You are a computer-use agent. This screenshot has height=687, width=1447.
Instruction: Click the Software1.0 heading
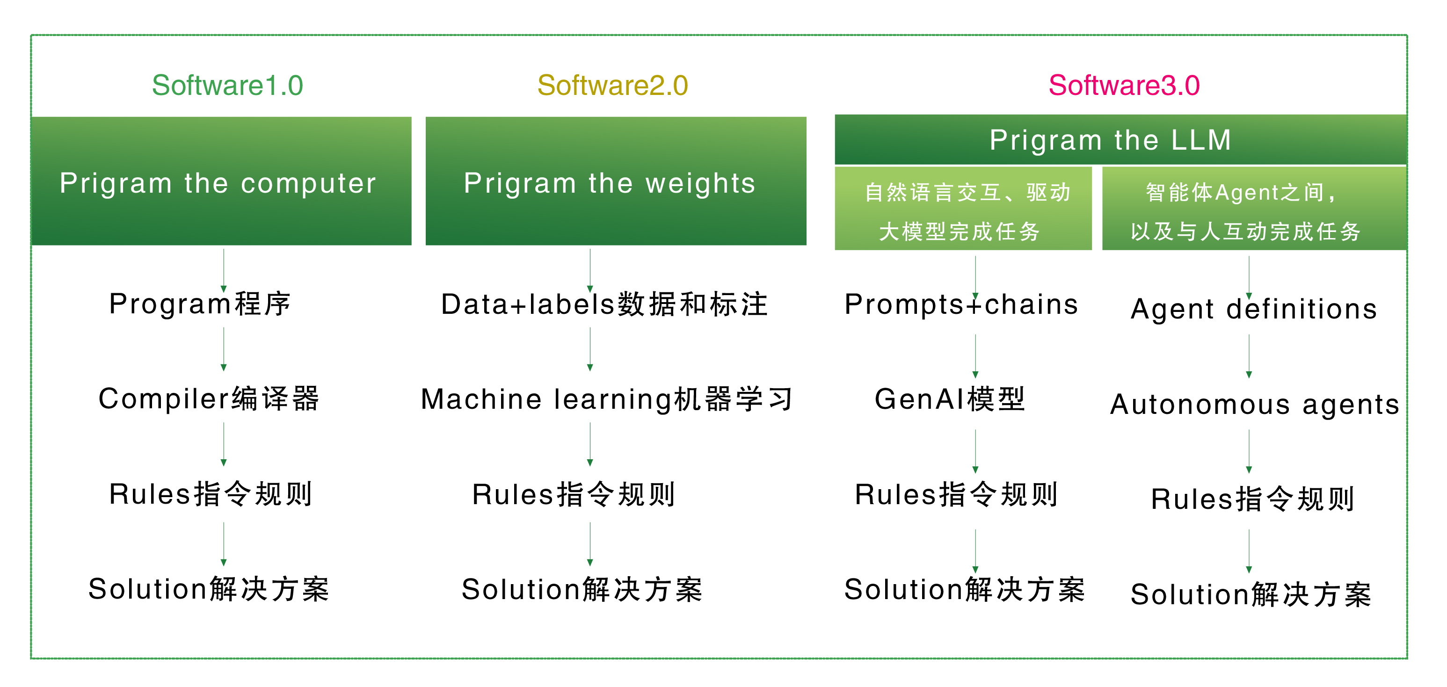227,86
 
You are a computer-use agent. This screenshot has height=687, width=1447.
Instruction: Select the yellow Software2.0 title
613,86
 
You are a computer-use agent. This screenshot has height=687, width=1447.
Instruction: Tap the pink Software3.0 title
1124,86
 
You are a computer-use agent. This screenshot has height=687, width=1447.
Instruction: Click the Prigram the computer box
221,181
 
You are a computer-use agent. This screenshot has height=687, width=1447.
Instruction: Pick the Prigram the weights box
616,181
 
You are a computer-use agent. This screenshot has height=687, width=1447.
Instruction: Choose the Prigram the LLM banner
1120,139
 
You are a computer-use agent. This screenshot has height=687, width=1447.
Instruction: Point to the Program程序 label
200,304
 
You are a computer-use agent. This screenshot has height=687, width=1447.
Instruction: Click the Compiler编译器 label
209,399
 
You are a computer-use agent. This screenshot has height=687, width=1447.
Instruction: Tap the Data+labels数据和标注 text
604,304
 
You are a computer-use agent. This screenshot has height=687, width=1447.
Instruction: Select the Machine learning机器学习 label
607,399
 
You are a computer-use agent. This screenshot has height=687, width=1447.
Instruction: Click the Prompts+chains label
961,304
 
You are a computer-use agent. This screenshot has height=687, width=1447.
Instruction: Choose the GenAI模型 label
950,399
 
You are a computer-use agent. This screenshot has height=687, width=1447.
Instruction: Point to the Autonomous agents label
1255,405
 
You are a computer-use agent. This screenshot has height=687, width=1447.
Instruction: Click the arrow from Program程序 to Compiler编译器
224,349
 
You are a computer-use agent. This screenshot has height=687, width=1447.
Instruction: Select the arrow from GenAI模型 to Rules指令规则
975,452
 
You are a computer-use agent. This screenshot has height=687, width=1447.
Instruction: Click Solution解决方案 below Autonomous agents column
1251,594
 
